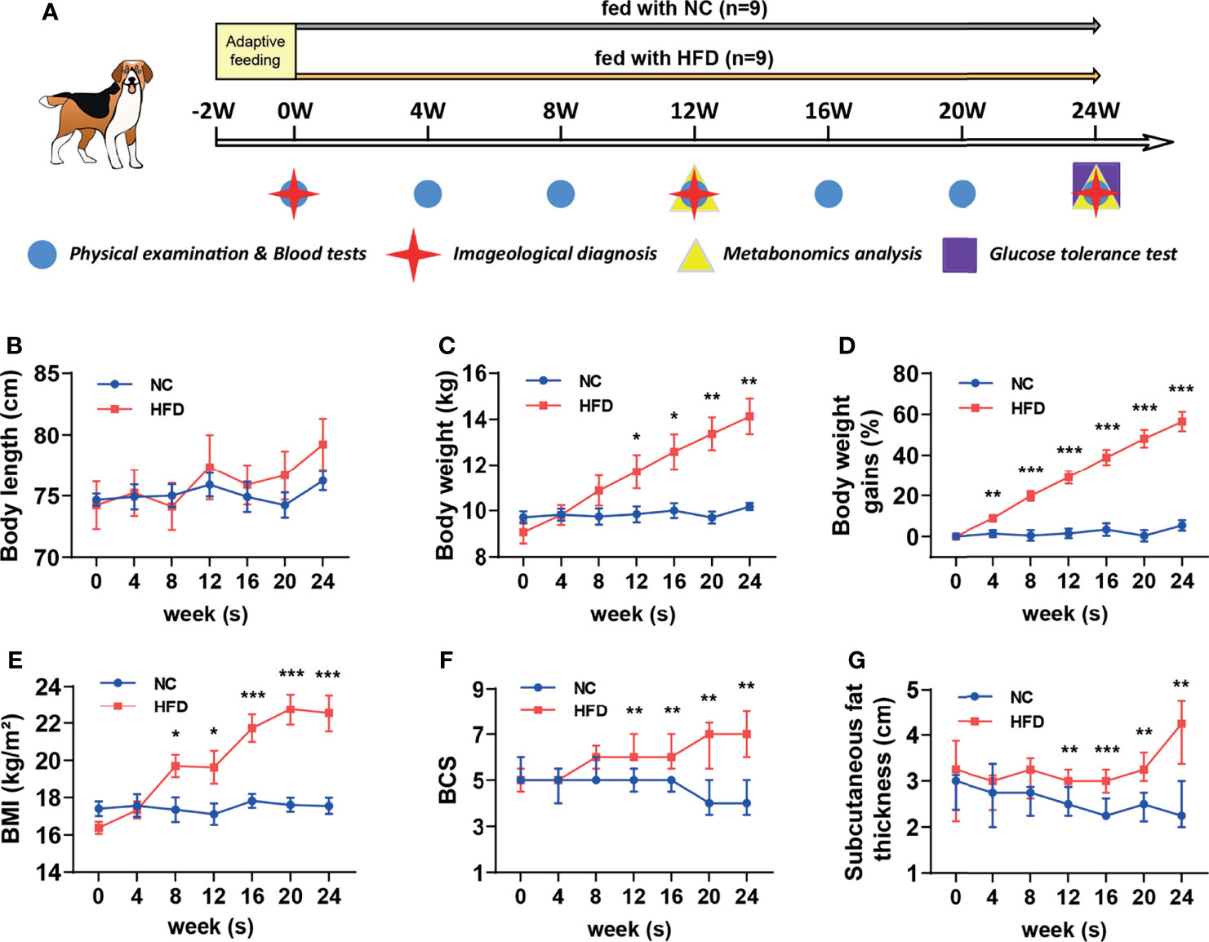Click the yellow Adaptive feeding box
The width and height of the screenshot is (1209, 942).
[x=256, y=51]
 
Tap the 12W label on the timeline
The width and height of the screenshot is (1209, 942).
[x=694, y=111]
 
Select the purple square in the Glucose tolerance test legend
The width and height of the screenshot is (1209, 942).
[x=959, y=255]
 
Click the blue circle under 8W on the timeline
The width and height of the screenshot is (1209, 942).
[x=560, y=194]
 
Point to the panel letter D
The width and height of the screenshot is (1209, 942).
[x=847, y=346]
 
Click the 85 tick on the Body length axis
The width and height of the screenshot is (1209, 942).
[x=47, y=374]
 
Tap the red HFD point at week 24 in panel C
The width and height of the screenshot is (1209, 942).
[x=749, y=416]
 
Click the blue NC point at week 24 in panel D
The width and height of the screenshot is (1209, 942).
[x=1182, y=526]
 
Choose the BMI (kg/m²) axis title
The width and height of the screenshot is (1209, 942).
[x=11, y=779]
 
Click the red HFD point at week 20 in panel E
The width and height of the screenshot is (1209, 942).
[x=290, y=709]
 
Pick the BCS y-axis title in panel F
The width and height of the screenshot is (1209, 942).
[x=447, y=780]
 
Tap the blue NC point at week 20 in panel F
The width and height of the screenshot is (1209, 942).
[x=709, y=803]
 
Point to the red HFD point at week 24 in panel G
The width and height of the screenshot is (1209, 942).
[x=1181, y=723]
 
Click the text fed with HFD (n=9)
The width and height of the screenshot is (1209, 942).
[x=684, y=58]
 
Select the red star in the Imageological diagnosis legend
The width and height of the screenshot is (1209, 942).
[x=413, y=255]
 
